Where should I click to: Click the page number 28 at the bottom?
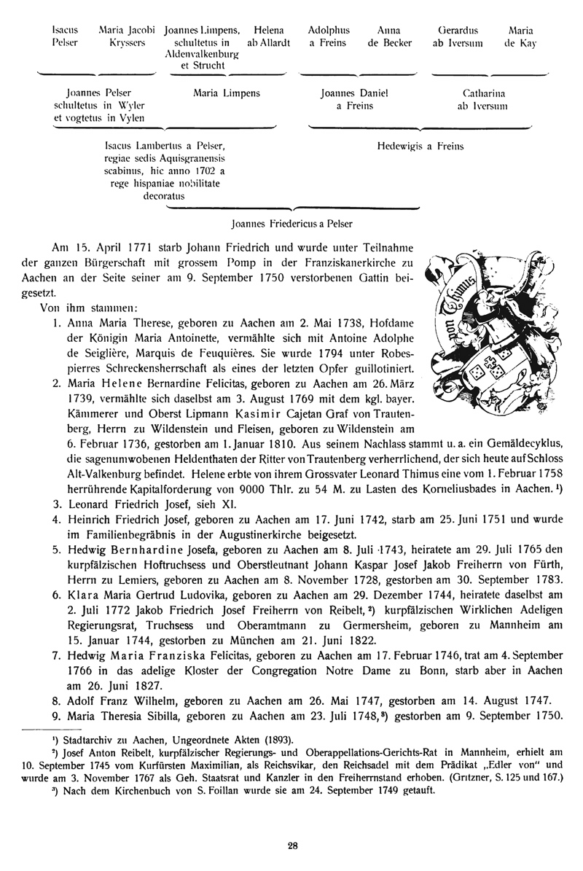291,845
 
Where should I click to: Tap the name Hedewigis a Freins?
420,146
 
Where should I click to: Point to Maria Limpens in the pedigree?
227,94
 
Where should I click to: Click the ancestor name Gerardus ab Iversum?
458,37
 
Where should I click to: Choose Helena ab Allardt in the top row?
269,37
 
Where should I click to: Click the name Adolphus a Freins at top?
329,37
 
